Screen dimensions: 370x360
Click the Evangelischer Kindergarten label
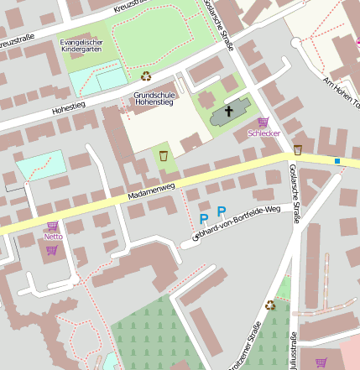(81, 46)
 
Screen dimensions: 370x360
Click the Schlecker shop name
(263, 133)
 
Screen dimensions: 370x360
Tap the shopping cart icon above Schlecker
(263, 122)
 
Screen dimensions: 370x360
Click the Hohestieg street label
(68, 108)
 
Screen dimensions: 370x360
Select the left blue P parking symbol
(203, 219)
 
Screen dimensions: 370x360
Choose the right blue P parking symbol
(222, 212)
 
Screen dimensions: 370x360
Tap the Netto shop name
(53, 237)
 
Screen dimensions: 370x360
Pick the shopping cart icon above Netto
(52, 226)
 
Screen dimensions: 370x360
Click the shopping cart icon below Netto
(52, 249)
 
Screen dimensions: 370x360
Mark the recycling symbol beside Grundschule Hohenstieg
(146, 76)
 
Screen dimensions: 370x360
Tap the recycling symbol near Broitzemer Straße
(270, 305)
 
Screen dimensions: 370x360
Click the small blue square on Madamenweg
(337, 160)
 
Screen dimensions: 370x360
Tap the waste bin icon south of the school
(164, 155)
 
